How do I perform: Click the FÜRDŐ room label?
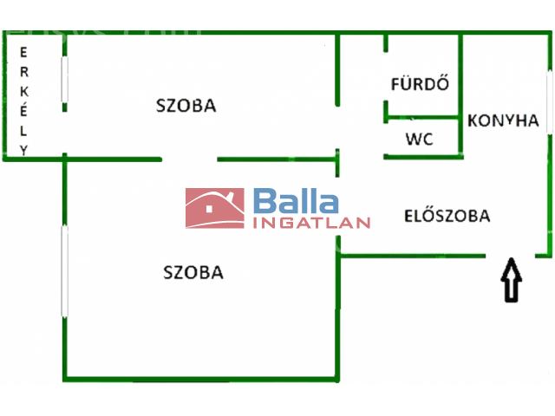(x=420, y=83)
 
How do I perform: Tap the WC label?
(x=419, y=139)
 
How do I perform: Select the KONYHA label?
(x=503, y=120)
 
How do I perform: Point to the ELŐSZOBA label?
(x=447, y=216)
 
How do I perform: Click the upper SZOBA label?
(x=186, y=106)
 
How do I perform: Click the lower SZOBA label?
(x=193, y=272)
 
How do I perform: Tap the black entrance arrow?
(x=511, y=280)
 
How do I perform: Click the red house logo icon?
(x=215, y=208)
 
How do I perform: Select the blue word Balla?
(x=296, y=200)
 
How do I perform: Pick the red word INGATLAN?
(x=311, y=223)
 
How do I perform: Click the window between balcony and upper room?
(x=64, y=80)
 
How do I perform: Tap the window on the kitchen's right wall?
(x=549, y=102)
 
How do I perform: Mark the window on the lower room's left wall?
(x=64, y=271)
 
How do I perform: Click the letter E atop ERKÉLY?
(x=23, y=52)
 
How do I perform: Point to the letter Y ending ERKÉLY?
(x=23, y=150)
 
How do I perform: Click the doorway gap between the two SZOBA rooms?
(x=189, y=159)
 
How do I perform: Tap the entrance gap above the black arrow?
(x=510, y=256)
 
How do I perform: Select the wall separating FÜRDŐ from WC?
(x=422, y=117)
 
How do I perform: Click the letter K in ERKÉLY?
(x=23, y=92)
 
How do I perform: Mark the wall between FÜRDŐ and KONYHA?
(x=460, y=95)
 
